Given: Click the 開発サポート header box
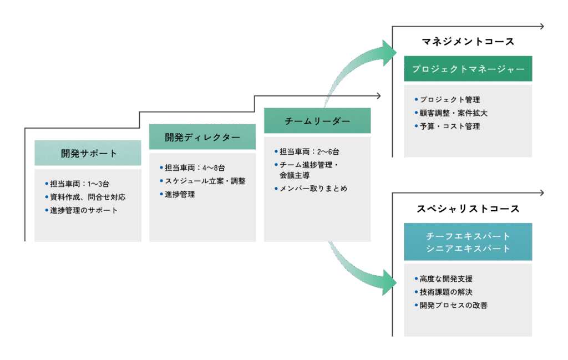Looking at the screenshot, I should pos(88,153).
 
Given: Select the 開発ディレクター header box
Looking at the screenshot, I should pos(202,137).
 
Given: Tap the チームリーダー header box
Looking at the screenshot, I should pos(317,121).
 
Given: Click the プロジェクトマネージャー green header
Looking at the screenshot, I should pos(468,69).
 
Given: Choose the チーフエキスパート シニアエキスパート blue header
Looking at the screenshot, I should pos(468,242).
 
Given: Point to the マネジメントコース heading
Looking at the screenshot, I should pos(468,42).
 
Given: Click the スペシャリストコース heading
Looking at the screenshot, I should pos(468,209).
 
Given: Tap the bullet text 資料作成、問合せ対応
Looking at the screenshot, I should pos(87,197).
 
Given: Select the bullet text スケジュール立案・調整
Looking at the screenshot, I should pos(205,181).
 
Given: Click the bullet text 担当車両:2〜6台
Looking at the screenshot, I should pos(309,151).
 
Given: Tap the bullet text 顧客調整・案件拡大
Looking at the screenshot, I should pos(453,113).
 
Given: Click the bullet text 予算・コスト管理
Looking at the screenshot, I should pos(449,126).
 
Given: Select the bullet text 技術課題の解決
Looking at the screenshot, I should pos(446,292).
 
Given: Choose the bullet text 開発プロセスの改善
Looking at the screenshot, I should pos(453,305).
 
